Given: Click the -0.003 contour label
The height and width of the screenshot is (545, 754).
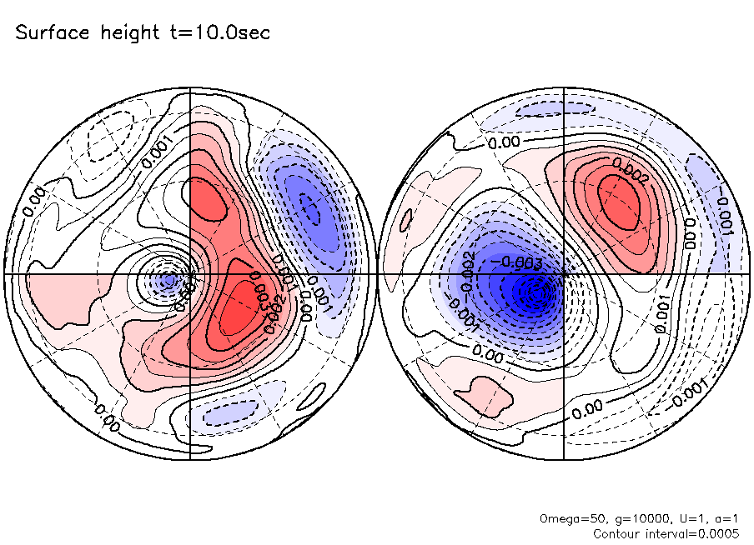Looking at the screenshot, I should pyautogui.click(x=519, y=264).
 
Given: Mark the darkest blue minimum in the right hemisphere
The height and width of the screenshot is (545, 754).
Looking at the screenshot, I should pyautogui.click(x=530, y=292).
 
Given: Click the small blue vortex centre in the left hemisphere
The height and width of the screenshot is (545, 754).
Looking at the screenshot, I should pyautogui.click(x=168, y=279).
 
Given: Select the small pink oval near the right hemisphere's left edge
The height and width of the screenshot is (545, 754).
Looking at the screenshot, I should pyautogui.click(x=406, y=218).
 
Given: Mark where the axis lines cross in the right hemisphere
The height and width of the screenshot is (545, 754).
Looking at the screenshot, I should pyautogui.click(x=564, y=273).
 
